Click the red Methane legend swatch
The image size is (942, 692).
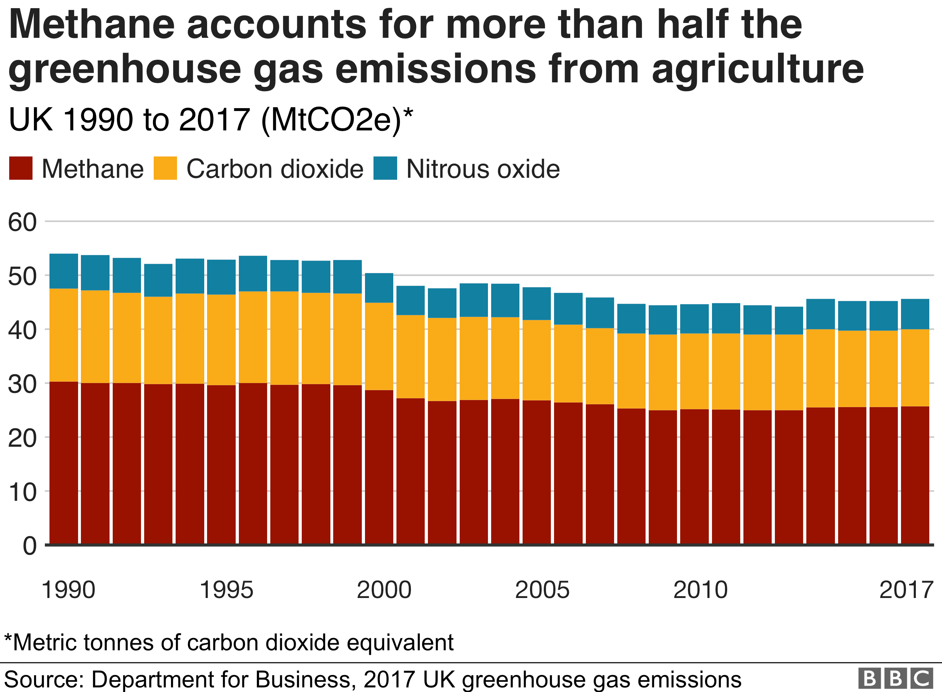[x=20, y=168]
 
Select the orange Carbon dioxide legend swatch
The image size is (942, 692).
[x=165, y=168]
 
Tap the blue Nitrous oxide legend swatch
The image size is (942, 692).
[x=385, y=168]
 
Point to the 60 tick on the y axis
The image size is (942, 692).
[x=22, y=222]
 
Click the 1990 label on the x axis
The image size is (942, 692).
[x=68, y=590]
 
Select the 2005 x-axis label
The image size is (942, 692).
[x=542, y=590]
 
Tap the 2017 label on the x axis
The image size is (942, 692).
[x=906, y=590]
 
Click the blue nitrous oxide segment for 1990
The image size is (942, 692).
[x=64, y=271]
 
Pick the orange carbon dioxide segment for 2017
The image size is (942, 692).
[x=915, y=368]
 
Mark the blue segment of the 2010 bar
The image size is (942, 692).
[x=694, y=319]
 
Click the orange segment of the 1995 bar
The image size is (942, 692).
[x=221, y=340]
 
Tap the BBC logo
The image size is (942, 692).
[x=895, y=678]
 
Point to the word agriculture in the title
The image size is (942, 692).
[x=758, y=69]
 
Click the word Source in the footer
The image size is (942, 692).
[x=43, y=679]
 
